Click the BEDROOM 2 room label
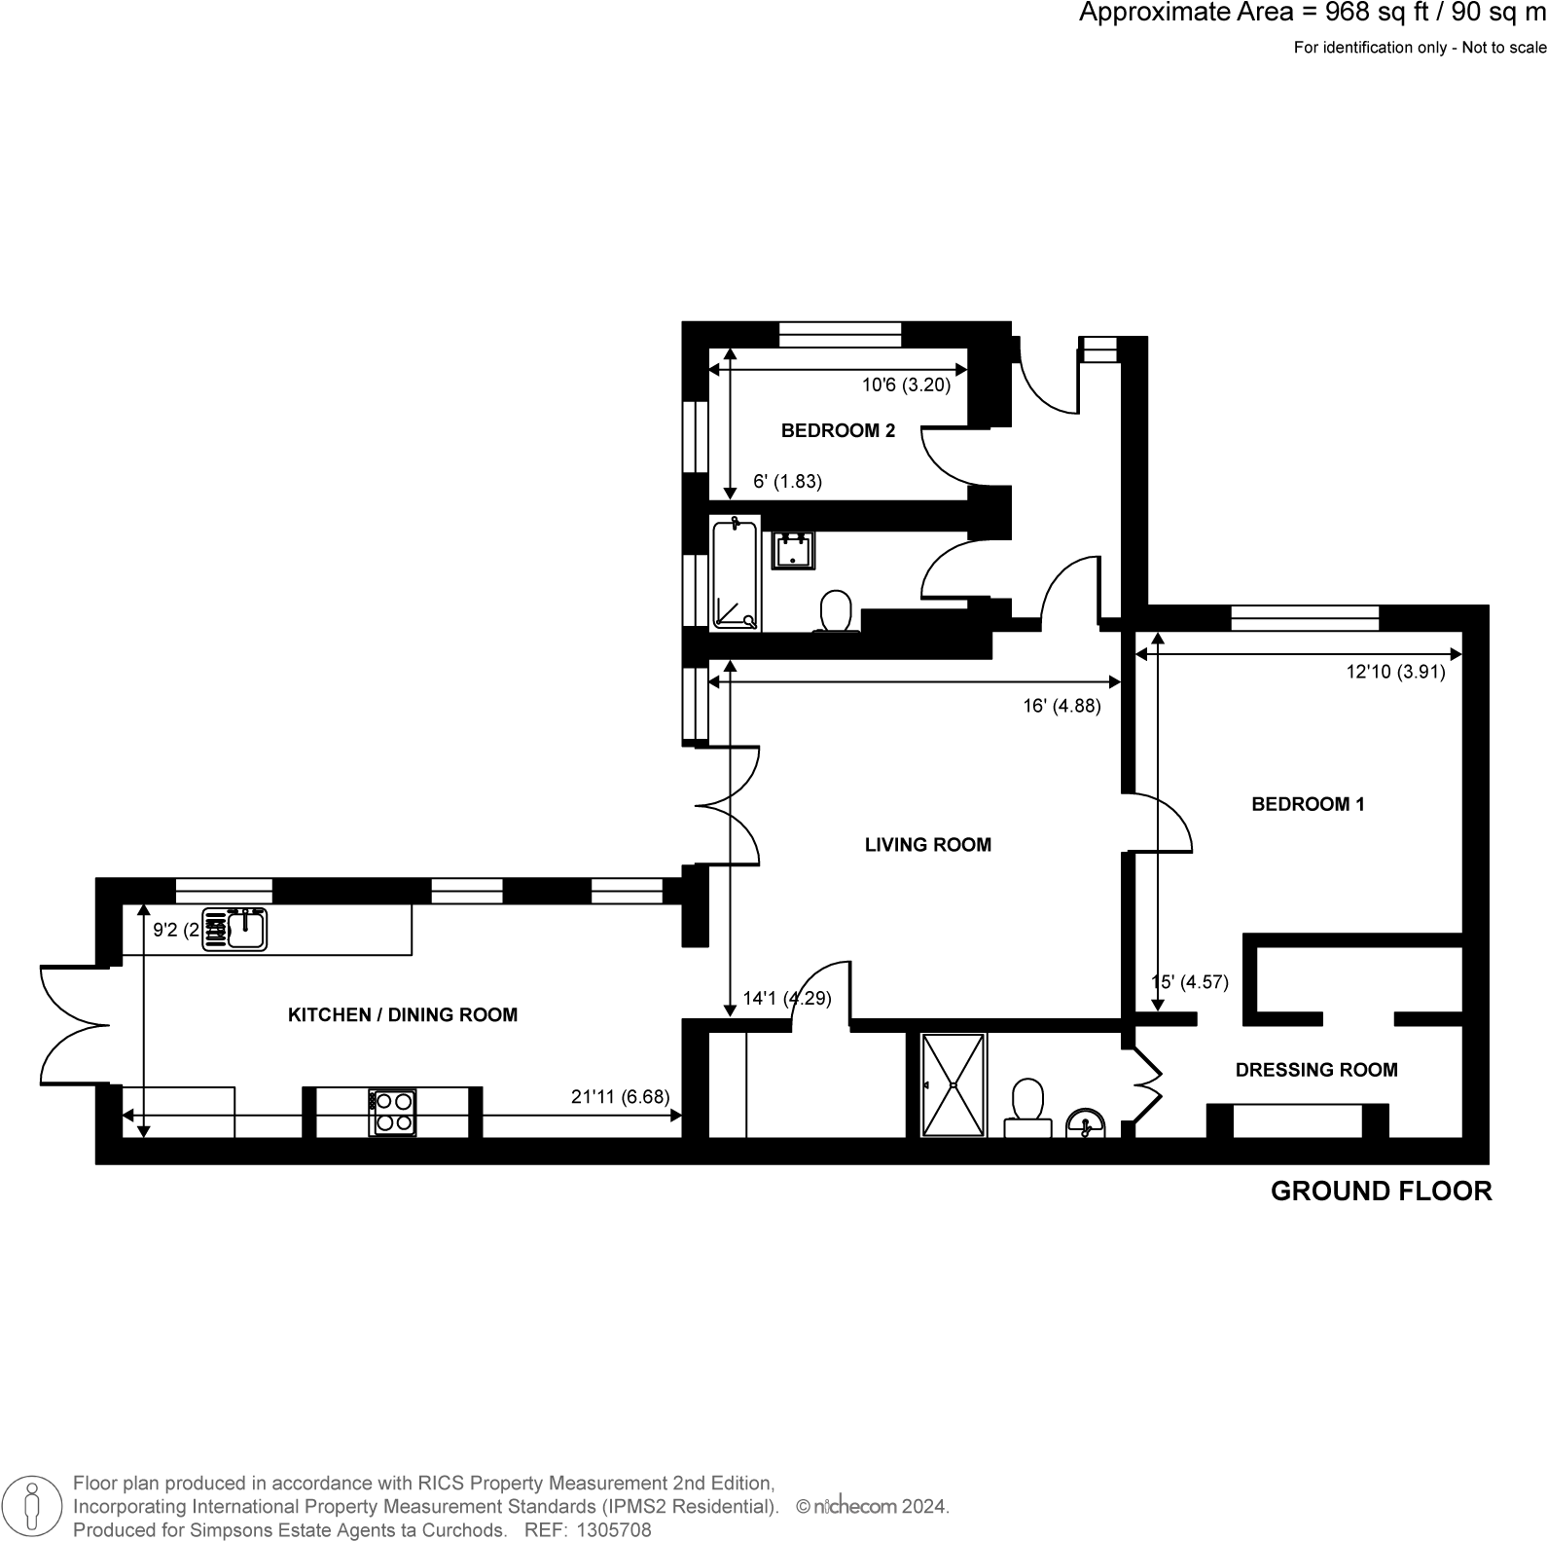coord(838,430)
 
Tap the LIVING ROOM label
coord(927,845)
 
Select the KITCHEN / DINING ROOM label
coord(402,1014)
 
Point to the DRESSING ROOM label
coord(1315,1070)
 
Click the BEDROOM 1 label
coord(1308,804)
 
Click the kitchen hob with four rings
coord(392,1112)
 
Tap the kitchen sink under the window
coord(247,929)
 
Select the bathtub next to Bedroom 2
coord(734,575)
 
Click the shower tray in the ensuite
coord(953,1084)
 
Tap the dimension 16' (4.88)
coord(1061,707)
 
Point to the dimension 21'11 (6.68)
coord(620,1097)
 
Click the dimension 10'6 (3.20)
coord(906,385)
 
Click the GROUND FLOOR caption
coord(1381,1192)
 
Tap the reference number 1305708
coord(615,1530)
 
